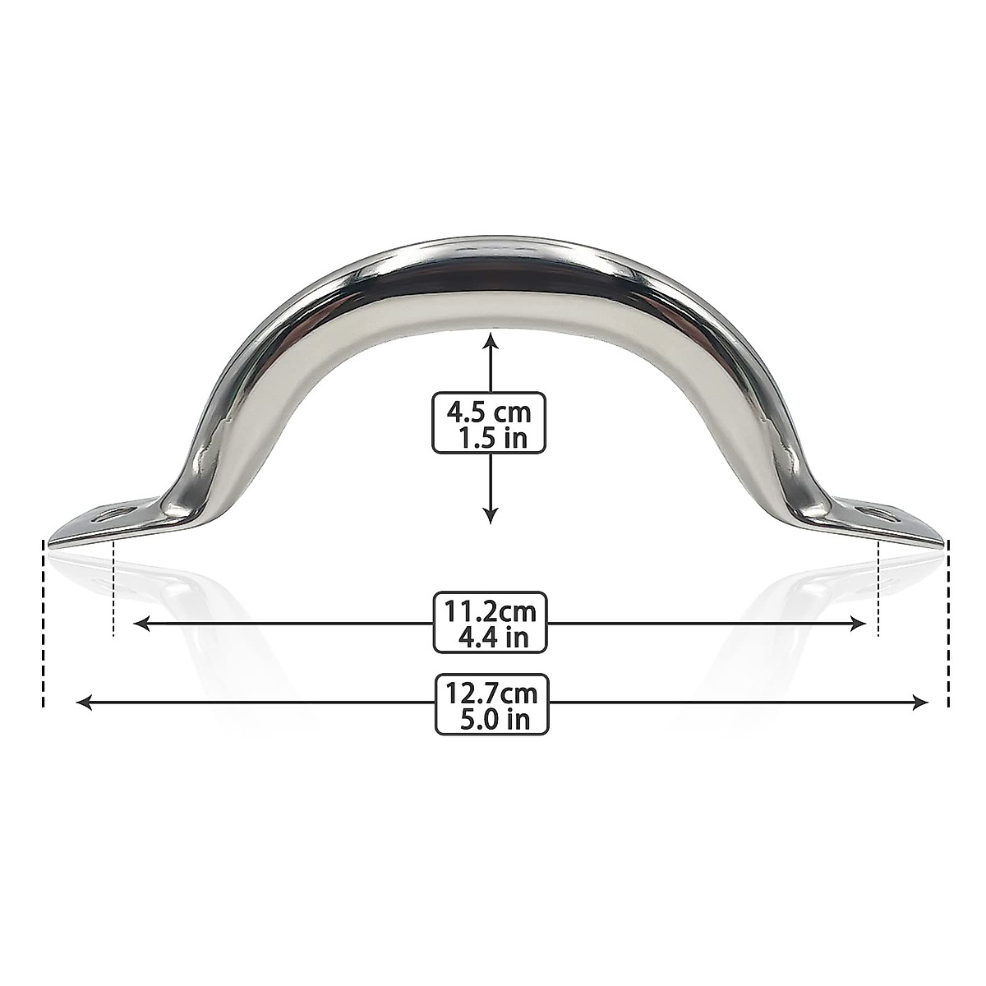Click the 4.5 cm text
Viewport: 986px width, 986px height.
pos(490,409)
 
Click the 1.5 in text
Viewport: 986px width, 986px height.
pos(491,437)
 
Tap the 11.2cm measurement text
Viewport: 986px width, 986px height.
pos(490,610)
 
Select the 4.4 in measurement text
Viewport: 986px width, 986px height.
pos(491,638)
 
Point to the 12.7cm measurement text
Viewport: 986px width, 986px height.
pos(491,693)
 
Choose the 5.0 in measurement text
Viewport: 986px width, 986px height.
pos(491,720)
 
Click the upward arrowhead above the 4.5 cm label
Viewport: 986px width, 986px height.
pos(491,339)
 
